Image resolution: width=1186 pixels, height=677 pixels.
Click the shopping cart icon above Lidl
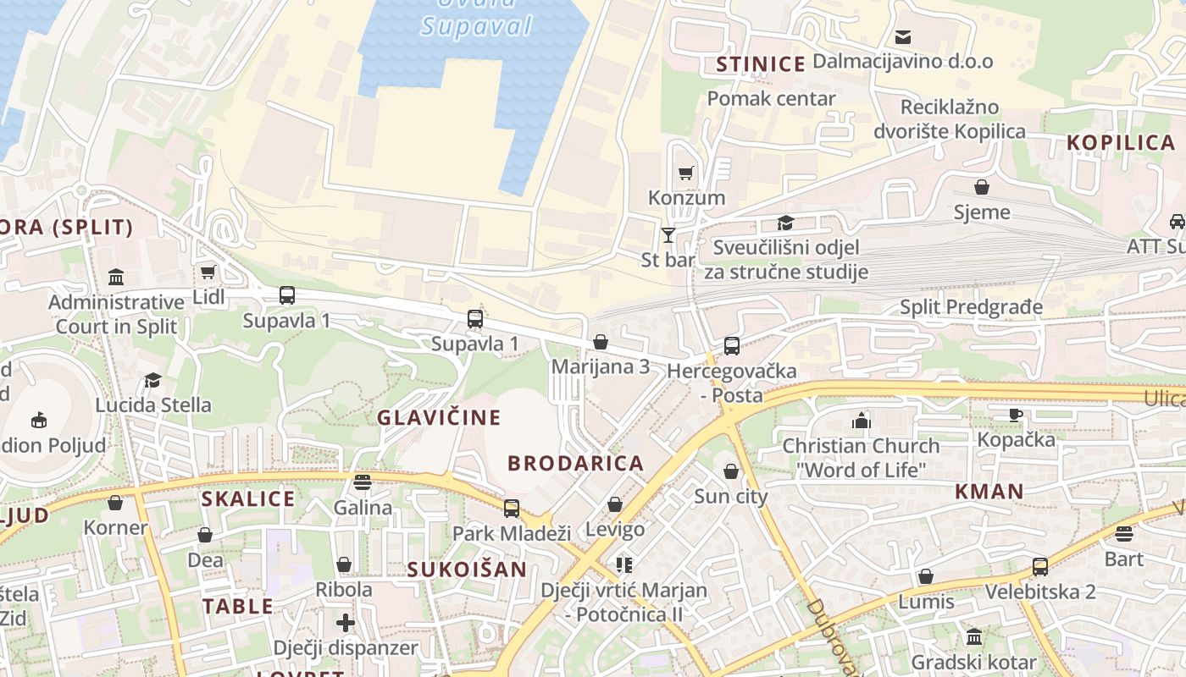208,272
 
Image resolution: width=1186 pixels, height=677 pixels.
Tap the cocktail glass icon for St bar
668,234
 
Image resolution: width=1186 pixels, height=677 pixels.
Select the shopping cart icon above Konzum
686,173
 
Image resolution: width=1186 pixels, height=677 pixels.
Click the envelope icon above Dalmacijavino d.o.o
903,36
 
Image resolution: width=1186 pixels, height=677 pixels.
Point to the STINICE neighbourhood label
761,64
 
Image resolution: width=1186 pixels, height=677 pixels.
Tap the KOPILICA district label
1120,142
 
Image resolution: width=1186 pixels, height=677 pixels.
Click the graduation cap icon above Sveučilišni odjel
785,223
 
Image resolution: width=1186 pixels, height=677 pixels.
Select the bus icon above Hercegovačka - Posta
731,345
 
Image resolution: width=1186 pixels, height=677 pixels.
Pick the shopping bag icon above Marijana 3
601,342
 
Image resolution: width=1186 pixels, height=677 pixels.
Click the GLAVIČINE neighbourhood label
439,417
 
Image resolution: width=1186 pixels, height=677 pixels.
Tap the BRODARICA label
576,463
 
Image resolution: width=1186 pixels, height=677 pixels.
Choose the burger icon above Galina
363,482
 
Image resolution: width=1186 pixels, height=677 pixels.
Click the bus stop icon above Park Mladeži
512,508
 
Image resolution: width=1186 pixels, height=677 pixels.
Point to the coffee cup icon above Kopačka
1016,415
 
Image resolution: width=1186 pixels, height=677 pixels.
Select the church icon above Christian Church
862,421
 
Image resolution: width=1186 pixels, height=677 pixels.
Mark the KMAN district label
989,491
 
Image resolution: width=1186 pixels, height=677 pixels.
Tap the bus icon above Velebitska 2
1039,566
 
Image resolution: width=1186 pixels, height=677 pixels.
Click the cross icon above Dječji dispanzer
345,623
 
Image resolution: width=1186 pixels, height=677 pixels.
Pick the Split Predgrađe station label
971,306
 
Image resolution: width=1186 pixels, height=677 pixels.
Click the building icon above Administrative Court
116,277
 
